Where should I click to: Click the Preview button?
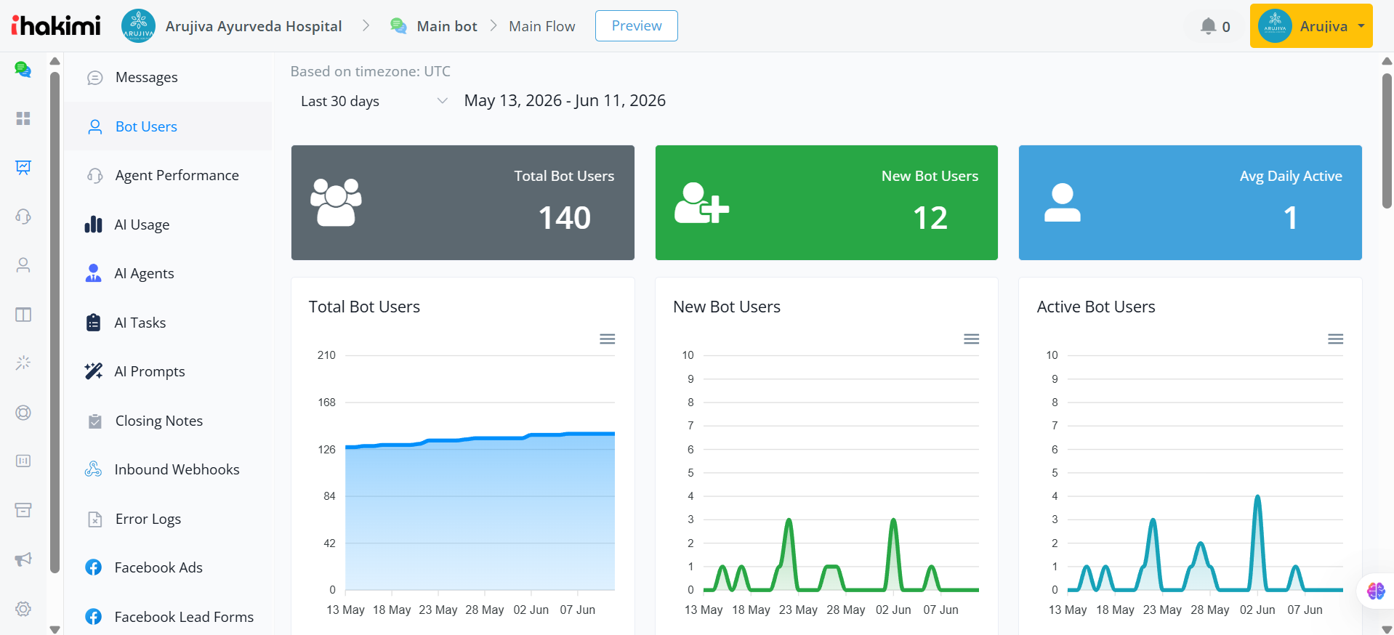coord(636,26)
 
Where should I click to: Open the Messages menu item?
coord(146,77)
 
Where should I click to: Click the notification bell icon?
coord(1208,26)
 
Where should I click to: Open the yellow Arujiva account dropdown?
coord(1311,26)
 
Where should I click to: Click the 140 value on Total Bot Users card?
coord(565,218)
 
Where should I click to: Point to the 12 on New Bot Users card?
coord(930,218)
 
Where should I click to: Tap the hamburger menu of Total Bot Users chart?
coord(608,339)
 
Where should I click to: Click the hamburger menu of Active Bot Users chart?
coord(1336,339)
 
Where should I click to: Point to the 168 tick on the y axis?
coord(326,403)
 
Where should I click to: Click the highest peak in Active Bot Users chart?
coord(1257,497)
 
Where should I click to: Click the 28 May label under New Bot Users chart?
coord(846,610)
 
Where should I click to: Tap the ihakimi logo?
coord(56,25)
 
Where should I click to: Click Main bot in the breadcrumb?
coord(447,26)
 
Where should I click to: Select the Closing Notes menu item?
coord(159,421)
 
